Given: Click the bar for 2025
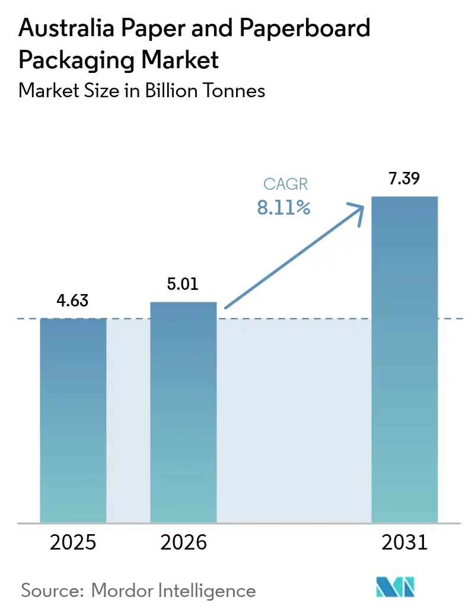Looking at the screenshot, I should pos(73,420).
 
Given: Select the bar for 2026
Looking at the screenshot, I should pos(183,412).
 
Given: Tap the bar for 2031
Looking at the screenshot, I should pos(404,359).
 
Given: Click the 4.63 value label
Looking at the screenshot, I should pos(73,301).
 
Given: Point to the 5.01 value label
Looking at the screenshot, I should pos(183,284).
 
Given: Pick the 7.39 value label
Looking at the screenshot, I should pos(404,178).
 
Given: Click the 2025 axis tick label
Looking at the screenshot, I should pos(73,542).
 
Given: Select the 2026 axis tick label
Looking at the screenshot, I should pos(183,542).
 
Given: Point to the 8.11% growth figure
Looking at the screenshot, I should pos(283,207).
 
